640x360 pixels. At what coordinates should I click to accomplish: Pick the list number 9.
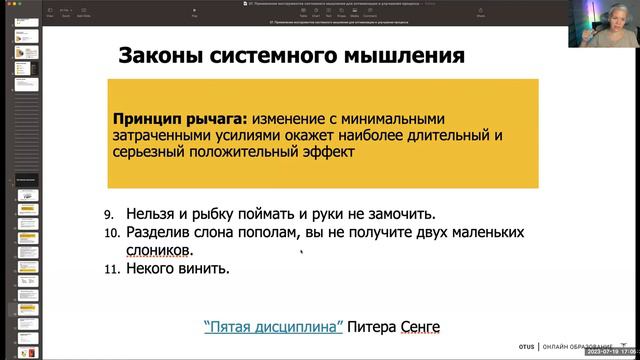[109, 215]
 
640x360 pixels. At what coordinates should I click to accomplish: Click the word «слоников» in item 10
[159, 250]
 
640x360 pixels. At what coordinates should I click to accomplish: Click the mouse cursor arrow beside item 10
[303, 252]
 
